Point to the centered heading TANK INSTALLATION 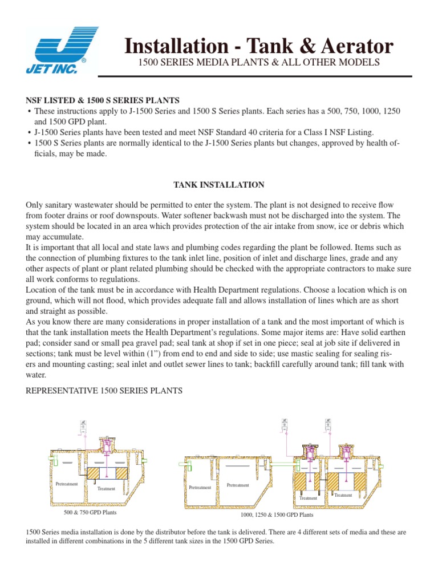tap(218, 185)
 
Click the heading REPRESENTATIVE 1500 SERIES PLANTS tap(104, 391)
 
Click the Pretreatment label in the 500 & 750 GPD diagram tap(67, 484)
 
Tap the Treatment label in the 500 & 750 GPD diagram tap(106, 489)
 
